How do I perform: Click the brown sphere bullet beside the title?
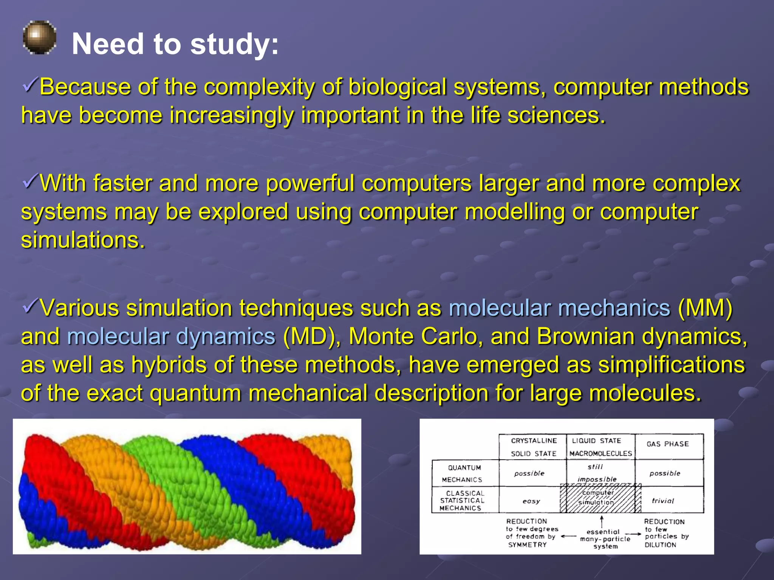pos(39,37)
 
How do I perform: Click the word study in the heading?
pos(234,44)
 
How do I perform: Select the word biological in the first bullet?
pos(397,87)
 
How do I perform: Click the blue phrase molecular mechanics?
pos(559,308)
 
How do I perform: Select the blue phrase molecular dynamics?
pos(171,336)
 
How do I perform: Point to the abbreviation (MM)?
pos(705,308)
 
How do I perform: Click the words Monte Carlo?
pos(416,336)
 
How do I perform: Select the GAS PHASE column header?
pos(668,444)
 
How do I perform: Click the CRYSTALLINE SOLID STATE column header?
pos(533,447)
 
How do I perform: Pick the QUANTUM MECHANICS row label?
pos(464,474)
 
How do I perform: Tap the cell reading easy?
pos(531,501)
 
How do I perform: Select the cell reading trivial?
pos(663,501)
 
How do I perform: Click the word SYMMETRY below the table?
pos(528,545)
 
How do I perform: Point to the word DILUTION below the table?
pos(660,545)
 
